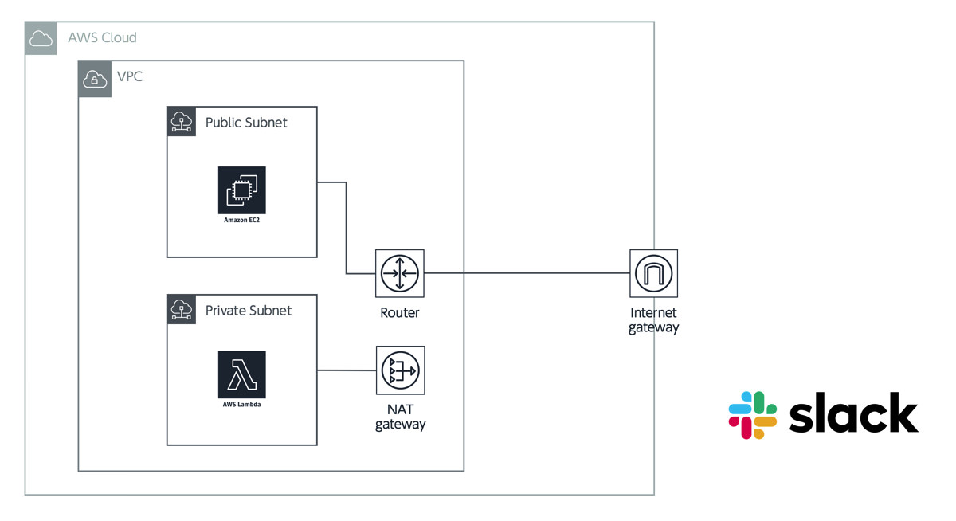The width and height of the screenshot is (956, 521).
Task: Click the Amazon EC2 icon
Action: coord(241,190)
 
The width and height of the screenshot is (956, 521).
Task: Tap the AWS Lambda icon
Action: coord(241,374)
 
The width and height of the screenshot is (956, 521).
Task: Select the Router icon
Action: coord(399,273)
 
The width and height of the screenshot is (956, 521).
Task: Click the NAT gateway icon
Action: coord(400,370)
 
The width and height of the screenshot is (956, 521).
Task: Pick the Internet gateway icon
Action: coord(653,273)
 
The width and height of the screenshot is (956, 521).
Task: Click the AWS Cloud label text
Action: coord(102,38)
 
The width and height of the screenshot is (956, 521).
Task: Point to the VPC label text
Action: coord(130,77)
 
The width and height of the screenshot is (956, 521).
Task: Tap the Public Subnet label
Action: coord(246,123)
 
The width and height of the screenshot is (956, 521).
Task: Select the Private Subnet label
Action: coord(249,311)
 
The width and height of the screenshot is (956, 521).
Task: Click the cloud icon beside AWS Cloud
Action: coord(41,38)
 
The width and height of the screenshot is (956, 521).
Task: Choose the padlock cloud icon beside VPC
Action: coord(95,79)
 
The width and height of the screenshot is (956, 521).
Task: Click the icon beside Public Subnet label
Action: coord(182,122)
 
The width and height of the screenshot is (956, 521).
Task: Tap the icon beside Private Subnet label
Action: coord(182,309)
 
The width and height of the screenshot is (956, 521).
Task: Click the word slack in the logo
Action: coord(853,414)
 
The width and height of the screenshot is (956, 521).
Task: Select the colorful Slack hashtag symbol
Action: coord(753,415)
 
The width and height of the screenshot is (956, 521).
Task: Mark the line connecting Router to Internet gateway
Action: coord(526,273)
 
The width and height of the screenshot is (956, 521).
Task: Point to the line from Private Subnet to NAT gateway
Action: coord(347,370)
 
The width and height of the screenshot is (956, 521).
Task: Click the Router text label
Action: coord(399,313)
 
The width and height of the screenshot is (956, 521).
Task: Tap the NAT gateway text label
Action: coord(400,417)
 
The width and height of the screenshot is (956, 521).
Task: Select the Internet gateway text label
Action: coord(653,320)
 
